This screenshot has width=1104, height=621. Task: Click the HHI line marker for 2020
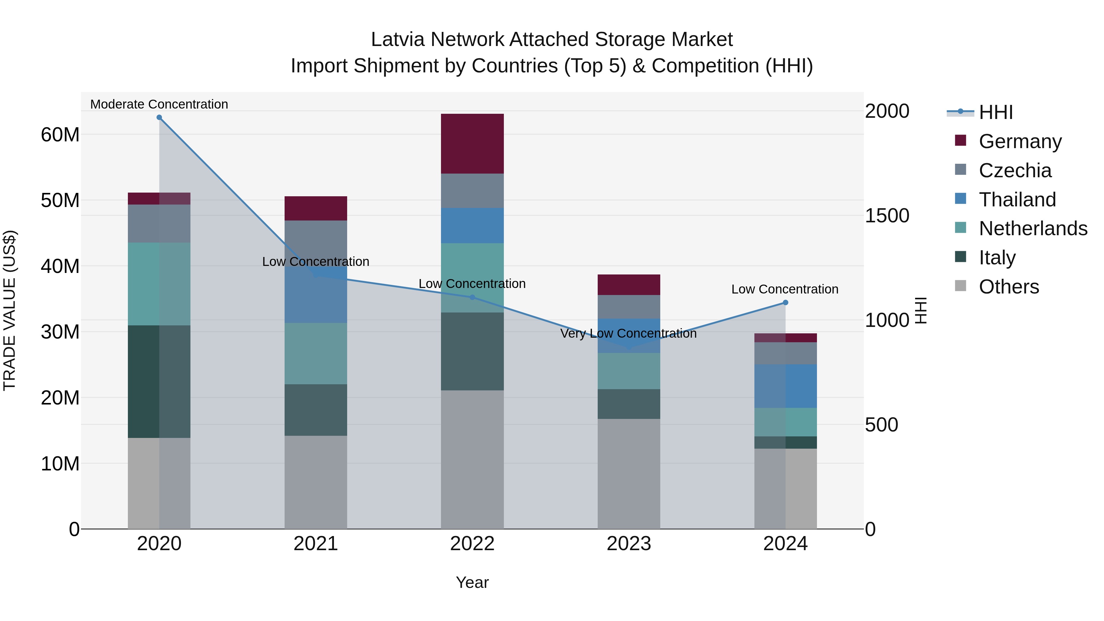(x=159, y=117)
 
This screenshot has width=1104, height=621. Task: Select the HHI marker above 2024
(x=785, y=303)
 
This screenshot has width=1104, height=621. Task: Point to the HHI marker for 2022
(x=472, y=297)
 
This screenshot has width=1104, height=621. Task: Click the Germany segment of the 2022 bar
(x=472, y=144)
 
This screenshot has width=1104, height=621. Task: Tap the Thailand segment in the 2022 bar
(x=472, y=225)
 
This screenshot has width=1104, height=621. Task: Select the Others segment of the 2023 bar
(x=629, y=473)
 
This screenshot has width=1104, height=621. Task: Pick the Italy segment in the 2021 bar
(x=316, y=410)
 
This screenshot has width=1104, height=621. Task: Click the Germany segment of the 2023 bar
(x=629, y=285)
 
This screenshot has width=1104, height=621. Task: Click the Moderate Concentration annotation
(x=159, y=104)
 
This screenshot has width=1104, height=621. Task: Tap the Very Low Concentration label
(x=628, y=333)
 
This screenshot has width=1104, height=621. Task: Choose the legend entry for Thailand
(x=1017, y=200)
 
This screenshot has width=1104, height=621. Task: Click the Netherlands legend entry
(x=1033, y=228)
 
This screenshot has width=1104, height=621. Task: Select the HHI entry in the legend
(x=995, y=112)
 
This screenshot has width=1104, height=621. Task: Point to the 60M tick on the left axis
(x=60, y=135)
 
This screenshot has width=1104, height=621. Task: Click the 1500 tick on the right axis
(x=887, y=216)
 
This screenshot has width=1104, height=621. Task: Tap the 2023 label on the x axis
(x=629, y=544)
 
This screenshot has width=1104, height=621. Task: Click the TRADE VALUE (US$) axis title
(x=10, y=310)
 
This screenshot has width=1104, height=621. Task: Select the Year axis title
(x=472, y=582)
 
